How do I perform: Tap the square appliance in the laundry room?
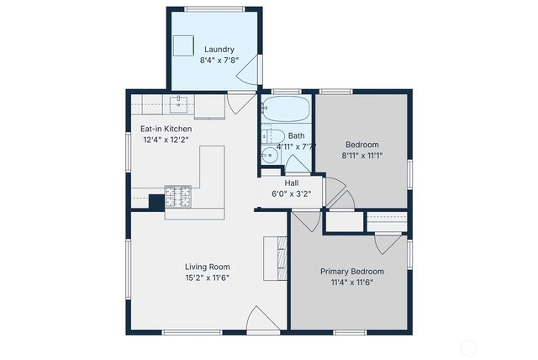tap(183, 45)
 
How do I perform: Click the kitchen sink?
tap(178, 103)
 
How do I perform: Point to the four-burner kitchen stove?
tap(177, 196)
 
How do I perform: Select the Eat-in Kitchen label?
tap(166, 129)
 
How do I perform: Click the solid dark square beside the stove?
tap(156, 202)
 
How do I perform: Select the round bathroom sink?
tap(270, 155)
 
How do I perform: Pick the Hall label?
tap(292, 183)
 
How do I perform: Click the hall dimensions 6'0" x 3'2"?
tap(292, 193)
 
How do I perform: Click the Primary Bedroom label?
tap(352, 271)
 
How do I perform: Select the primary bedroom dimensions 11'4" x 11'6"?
tap(352, 283)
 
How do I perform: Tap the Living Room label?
tap(208, 267)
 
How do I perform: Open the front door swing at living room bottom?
tap(262, 320)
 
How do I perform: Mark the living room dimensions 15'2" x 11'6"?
tap(208, 278)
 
